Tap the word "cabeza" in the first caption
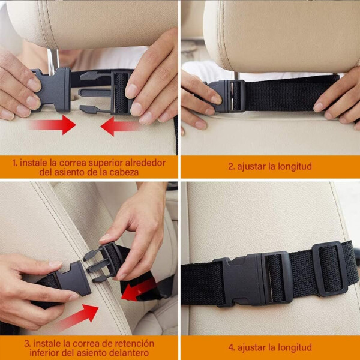click(124, 172)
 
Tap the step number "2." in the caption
click(232, 166)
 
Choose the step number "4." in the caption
click(232, 347)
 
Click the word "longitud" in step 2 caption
click(295, 166)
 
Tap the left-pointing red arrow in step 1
click(120, 126)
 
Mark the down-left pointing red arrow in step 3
click(139, 289)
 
